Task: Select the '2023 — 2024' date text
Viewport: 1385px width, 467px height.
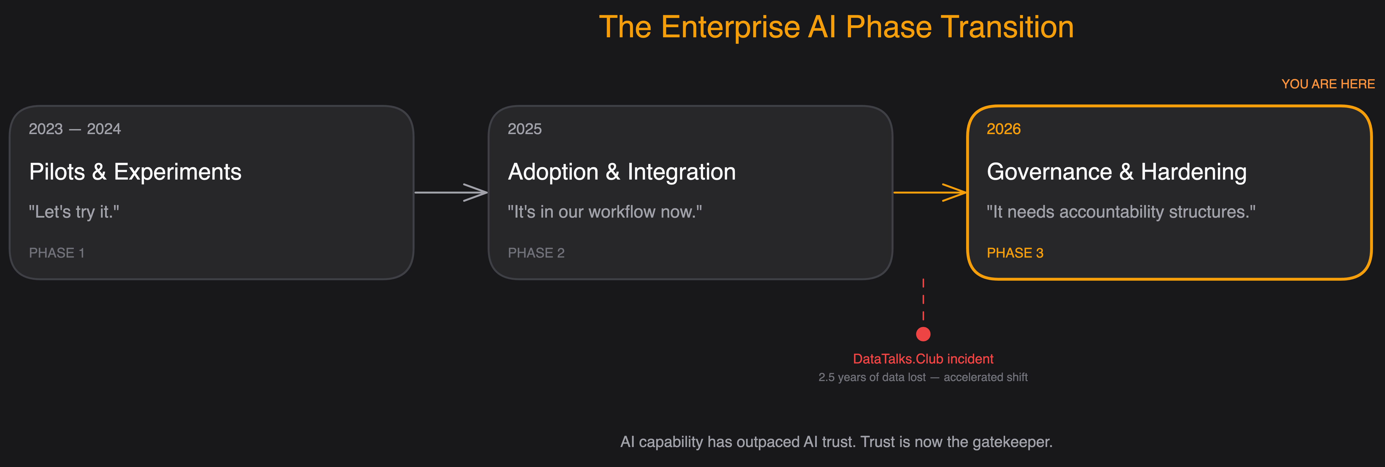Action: [x=75, y=129]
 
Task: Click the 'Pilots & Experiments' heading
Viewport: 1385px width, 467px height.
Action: [x=135, y=172]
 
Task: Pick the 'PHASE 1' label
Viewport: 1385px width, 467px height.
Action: [x=57, y=253]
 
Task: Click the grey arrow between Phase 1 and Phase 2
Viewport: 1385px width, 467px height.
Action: [x=451, y=192]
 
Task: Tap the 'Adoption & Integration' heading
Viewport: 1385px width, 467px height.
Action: [x=622, y=172]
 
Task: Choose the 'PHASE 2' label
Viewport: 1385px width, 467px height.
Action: [x=536, y=253]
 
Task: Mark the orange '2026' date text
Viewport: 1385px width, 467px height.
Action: [x=1003, y=129]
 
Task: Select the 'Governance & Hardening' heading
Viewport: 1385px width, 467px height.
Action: [x=1116, y=172]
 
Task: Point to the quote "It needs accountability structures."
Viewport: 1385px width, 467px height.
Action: [x=1121, y=212]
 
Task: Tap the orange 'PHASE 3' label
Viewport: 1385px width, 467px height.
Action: [x=1014, y=253]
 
